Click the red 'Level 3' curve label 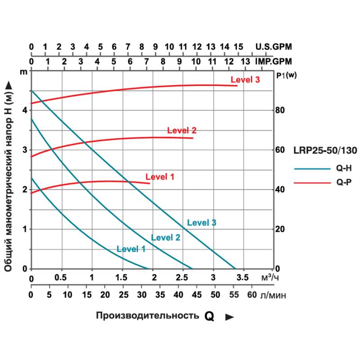click(x=245, y=80)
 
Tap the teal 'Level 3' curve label click(x=202, y=222)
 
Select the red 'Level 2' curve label click(x=182, y=130)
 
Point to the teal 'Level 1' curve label click(x=131, y=248)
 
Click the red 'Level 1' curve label click(x=160, y=176)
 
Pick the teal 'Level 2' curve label click(x=166, y=238)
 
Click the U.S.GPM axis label click(x=274, y=47)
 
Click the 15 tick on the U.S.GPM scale click(x=238, y=47)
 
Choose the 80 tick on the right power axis click(x=281, y=110)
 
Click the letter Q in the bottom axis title click(x=209, y=316)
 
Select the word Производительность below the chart click(x=147, y=315)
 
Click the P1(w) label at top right click(x=287, y=75)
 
